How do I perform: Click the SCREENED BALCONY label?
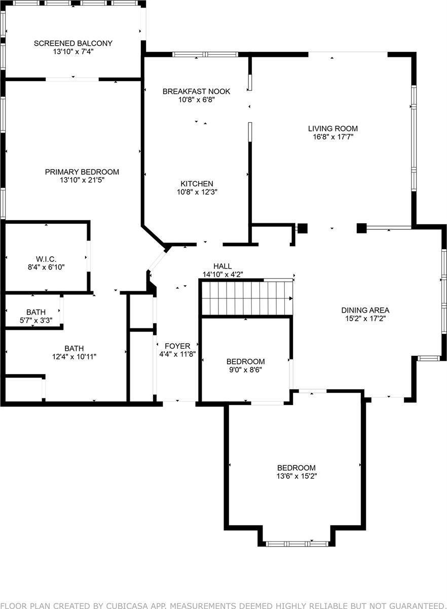point(73,43)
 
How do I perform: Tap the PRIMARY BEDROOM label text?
point(82,172)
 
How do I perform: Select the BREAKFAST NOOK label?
point(196,91)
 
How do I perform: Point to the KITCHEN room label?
point(197,183)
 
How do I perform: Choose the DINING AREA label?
point(365,310)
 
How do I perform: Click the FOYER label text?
point(177,346)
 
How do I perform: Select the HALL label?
point(222,266)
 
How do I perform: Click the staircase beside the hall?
point(247,298)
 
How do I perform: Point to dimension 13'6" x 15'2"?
point(296,476)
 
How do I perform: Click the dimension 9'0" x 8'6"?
point(245,370)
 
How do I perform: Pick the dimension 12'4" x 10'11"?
point(74,356)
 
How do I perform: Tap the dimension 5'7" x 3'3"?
point(36,320)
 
